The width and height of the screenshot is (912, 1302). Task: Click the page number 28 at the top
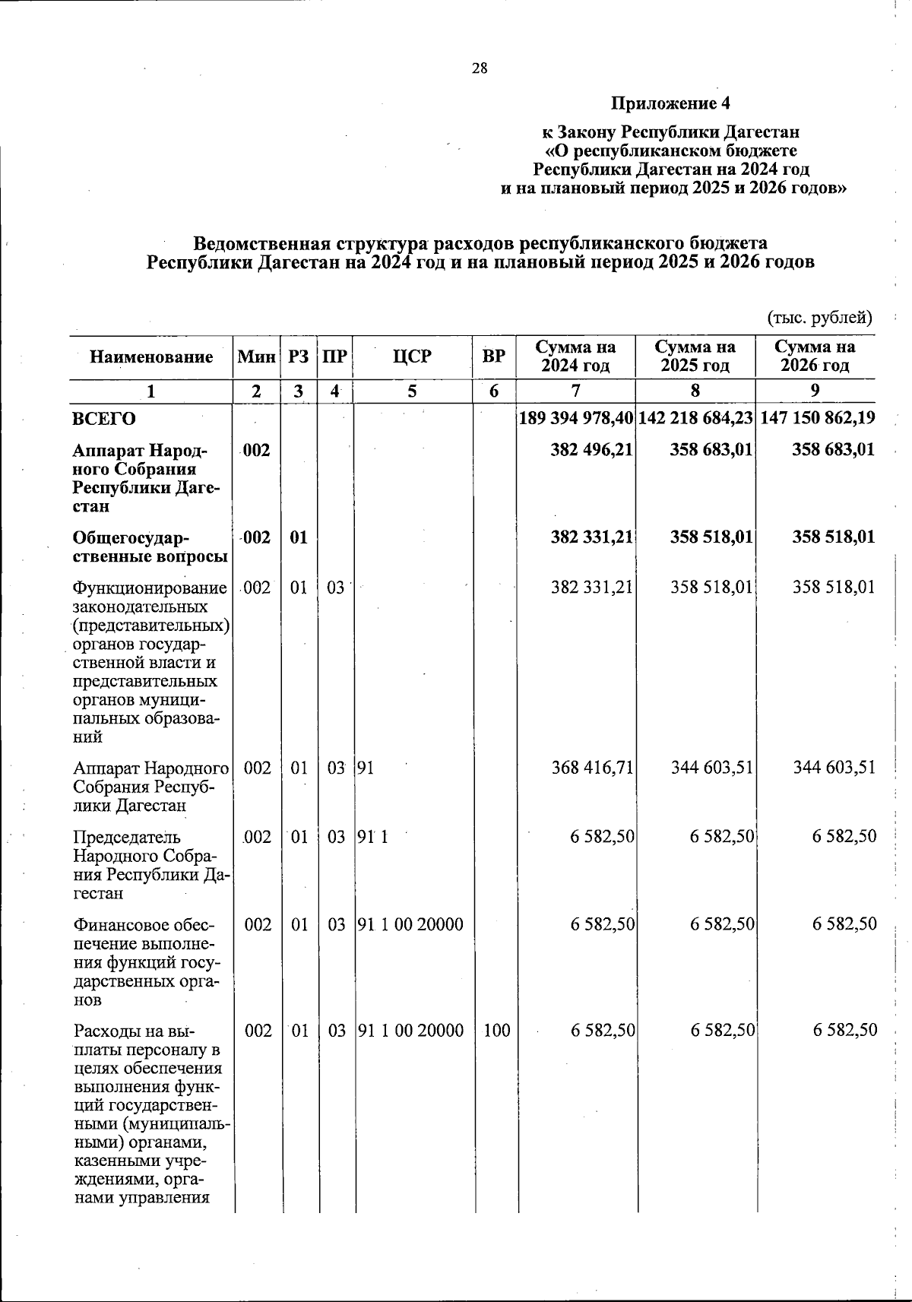coord(479,68)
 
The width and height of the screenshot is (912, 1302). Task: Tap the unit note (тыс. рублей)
coord(819,317)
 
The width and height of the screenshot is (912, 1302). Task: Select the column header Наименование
coord(151,357)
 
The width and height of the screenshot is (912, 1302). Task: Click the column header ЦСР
coord(413,357)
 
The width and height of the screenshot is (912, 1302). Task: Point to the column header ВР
coord(494,357)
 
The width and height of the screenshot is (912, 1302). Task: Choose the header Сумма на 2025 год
coord(695,357)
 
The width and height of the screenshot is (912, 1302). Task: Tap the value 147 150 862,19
coord(817,418)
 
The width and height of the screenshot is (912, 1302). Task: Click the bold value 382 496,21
coord(591,450)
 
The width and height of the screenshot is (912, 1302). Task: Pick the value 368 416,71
coord(591,768)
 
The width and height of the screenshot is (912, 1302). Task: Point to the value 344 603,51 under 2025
coord(712,768)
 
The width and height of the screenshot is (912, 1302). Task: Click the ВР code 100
coord(496,1031)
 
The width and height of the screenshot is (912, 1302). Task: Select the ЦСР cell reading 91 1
coord(372,838)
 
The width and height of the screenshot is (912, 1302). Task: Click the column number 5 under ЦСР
coord(412,391)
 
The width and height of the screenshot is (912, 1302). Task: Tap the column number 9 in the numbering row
coord(815,391)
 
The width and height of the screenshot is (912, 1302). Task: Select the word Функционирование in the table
coord(150,588)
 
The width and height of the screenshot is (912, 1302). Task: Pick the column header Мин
coord(256,357)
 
